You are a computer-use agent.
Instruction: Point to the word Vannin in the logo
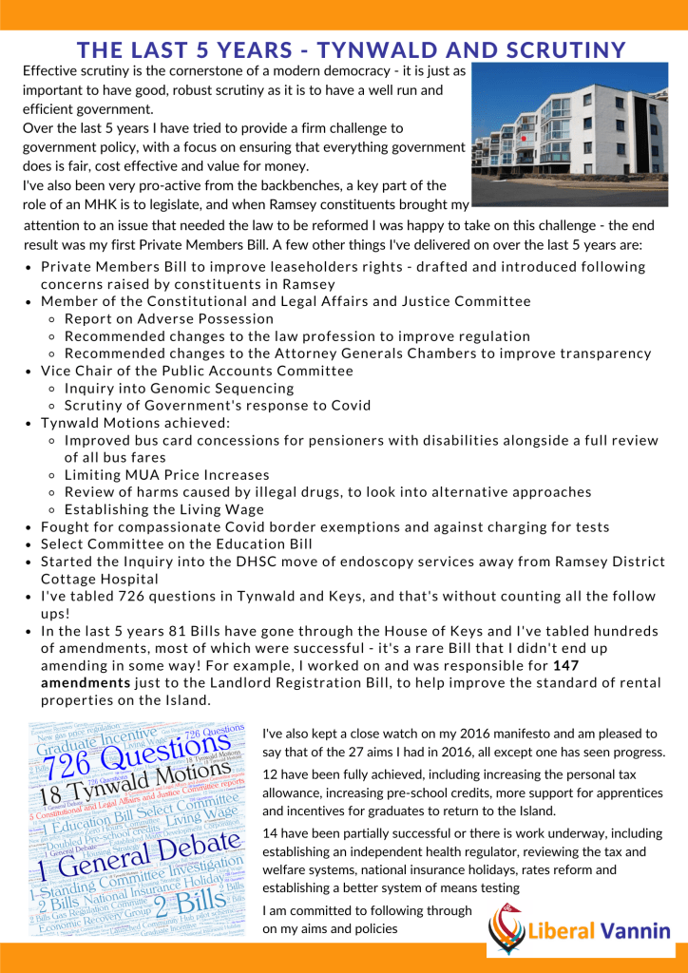click(636, 931)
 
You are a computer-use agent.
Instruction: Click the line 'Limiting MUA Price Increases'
click(167, 474)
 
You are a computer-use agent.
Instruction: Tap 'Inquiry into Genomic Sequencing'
click(180, 388)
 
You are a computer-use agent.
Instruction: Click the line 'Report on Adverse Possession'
click(169, 318)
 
